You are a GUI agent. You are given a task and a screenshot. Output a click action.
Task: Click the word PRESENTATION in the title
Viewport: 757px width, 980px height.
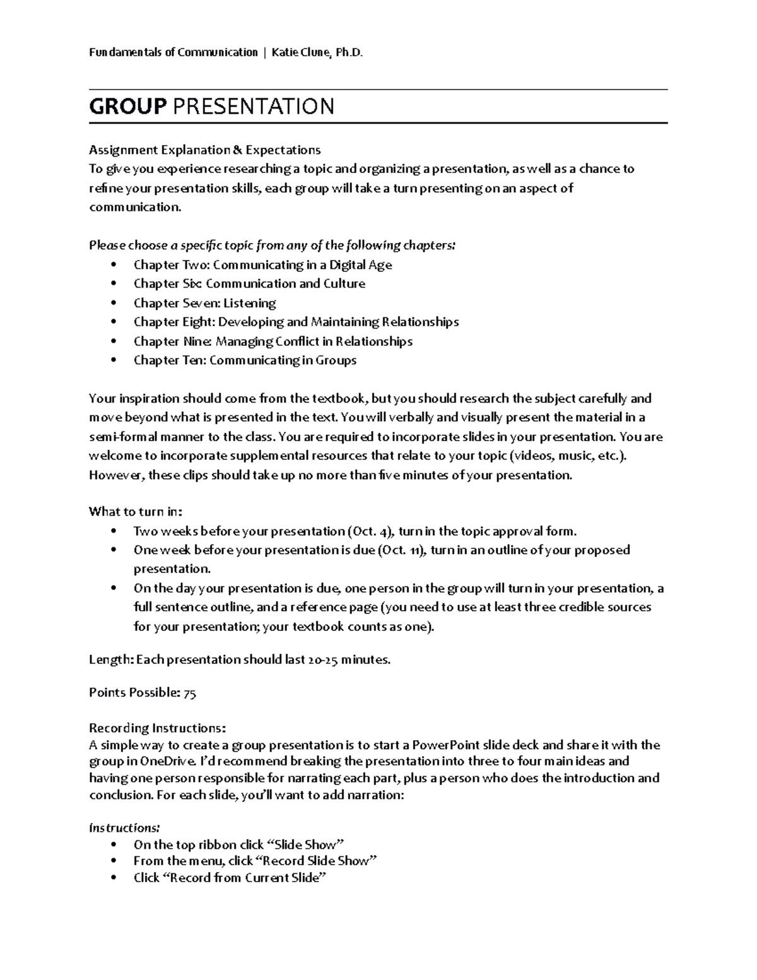point(253,107)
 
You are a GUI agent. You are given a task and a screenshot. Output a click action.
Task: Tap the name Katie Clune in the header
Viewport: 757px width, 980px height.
point(300,52)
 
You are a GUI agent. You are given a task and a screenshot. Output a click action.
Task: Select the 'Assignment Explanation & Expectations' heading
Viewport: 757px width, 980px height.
point(204,150)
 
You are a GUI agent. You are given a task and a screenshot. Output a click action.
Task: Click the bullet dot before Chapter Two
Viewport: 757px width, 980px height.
point(114,265)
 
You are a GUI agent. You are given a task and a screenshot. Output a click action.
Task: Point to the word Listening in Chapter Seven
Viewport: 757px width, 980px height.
point(250,303)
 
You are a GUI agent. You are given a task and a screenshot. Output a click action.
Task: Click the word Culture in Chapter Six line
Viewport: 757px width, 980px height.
point(344,284)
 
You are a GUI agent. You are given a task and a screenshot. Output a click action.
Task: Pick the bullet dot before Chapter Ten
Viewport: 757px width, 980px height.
point(114,360)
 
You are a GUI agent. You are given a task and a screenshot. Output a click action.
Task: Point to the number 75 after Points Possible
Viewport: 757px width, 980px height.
point(190,693)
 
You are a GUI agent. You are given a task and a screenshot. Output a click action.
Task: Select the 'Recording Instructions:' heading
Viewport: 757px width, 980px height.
point(157,728)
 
